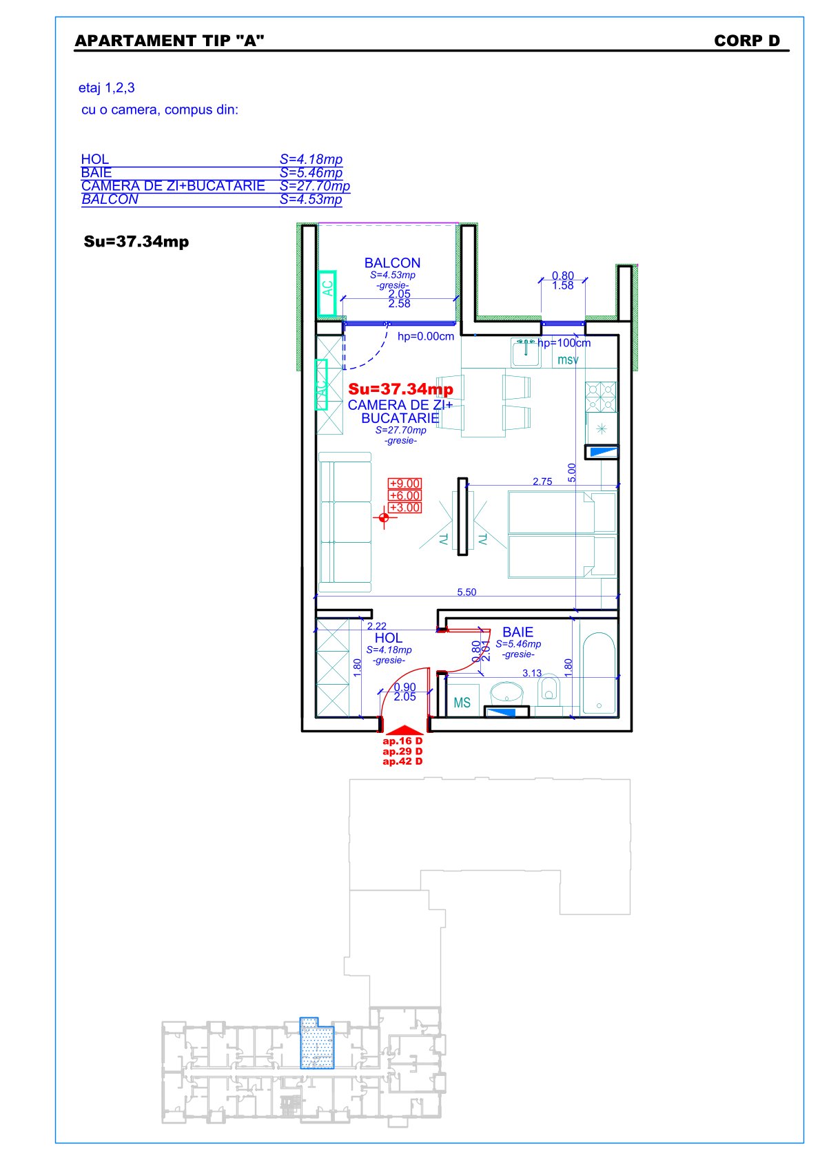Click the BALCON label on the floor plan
coord(392,262)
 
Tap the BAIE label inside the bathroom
coord(517,632)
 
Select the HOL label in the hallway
coord(389,638)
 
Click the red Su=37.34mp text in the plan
coord(400,389)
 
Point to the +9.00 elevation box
coord(404,483)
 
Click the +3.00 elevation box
coord(404,508)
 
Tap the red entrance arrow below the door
coord(404,730)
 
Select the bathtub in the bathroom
coord(599,673)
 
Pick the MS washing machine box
coord(462,701)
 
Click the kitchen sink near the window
coord(526,353)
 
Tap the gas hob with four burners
coord(601,397)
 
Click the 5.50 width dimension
coord(467,592)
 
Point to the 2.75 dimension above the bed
coord(542,481)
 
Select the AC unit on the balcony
coord(327,293)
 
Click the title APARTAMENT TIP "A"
coord(170,41)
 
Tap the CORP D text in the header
coord(746,41)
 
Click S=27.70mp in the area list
coord(314,185)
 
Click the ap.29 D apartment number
coord(402,751)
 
